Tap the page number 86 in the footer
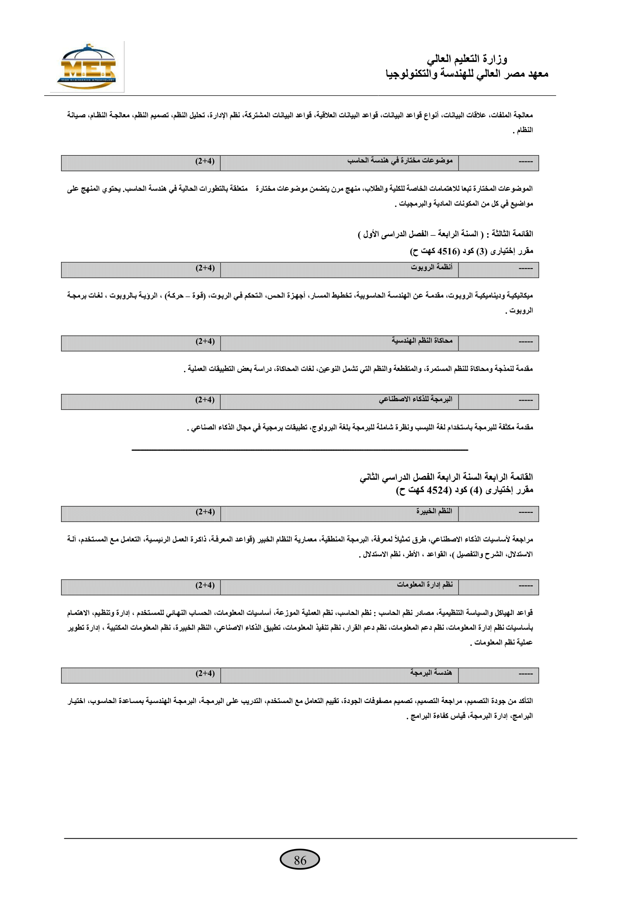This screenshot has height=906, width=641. pos(300,860)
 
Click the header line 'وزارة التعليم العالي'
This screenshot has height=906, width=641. pos(467,59)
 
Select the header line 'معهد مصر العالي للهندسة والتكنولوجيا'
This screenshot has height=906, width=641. pos(467,74)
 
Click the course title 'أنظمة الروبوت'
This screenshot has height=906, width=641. pos(431,267)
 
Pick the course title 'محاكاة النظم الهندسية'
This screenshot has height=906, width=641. pos(422,340)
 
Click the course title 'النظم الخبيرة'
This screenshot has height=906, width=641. pos(434,511)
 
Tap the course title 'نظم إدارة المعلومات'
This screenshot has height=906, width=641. pos(425,585)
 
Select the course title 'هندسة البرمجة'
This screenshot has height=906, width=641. pos(431,672)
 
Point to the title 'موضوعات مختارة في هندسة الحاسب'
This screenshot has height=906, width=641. pos(400,161)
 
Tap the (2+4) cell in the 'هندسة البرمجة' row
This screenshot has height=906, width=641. pos(205,673)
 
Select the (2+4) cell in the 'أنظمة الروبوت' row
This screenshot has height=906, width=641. pos(205,268)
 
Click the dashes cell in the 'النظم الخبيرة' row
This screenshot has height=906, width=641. pos(526,512)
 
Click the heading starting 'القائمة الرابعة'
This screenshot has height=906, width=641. pos(446,477)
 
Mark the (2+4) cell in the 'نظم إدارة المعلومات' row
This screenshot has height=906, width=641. pos(205,585)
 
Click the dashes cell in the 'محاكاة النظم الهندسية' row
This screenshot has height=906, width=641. pos(526,342)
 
